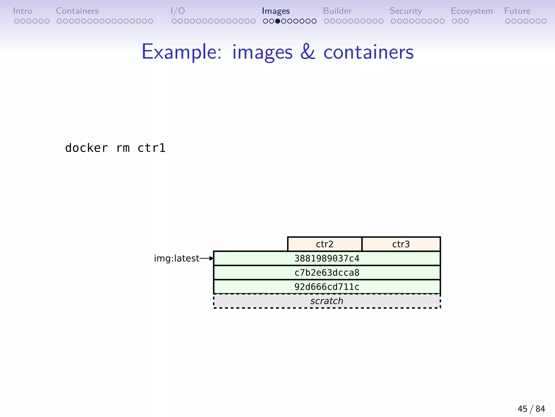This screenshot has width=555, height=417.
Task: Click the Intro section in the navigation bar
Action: tap(23, 11)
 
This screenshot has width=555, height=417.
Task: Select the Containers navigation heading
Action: tap(77, 11)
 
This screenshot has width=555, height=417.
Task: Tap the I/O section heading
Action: tap(178, 11)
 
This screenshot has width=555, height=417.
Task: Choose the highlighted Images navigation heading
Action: tap(276, 11)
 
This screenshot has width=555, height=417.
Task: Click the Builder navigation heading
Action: tap(337, 11)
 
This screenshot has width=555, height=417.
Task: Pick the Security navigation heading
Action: tap(406, 11)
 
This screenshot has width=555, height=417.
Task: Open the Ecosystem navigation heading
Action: tap(472, 11)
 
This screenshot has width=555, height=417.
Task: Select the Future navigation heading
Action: tap(517, 11)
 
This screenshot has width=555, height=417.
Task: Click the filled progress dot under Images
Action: tap(277, 21)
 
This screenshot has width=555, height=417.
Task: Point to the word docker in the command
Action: tap(86, 148)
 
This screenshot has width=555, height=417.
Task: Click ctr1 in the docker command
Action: tap(151, 148)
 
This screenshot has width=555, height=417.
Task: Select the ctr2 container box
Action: tap(325, 244)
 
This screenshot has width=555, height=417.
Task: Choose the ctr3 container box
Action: tap(401, 244)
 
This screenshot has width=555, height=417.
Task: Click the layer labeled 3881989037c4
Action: tap(327, 258)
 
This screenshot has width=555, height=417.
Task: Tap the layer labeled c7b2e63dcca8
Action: tap(327, 273)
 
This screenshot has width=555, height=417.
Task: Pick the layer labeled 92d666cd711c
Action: tap(327, 287)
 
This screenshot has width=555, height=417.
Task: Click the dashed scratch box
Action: tap(327, 301)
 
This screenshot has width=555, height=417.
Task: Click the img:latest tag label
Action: tap(177, 258)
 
